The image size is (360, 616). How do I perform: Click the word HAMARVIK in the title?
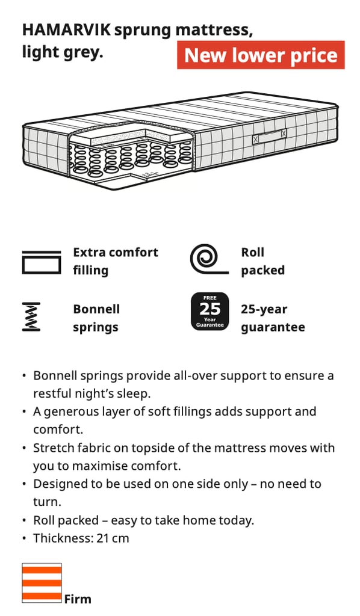(66, 30)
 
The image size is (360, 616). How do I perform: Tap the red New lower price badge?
(261, 55)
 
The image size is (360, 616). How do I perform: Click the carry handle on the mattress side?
(269, 136)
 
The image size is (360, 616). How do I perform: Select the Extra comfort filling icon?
(42, 262)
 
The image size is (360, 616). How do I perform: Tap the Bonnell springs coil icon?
(31, 316)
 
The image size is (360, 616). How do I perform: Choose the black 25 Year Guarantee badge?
(209, 311)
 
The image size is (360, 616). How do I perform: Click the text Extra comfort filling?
(116, 261)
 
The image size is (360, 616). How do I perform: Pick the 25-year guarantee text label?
(273, 318)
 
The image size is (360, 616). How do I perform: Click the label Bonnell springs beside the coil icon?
(96, 318)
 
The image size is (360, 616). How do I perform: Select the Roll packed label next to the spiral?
(262, 261)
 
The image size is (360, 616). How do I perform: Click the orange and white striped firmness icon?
(42, 583)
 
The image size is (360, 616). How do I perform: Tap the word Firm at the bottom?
(78, 599)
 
